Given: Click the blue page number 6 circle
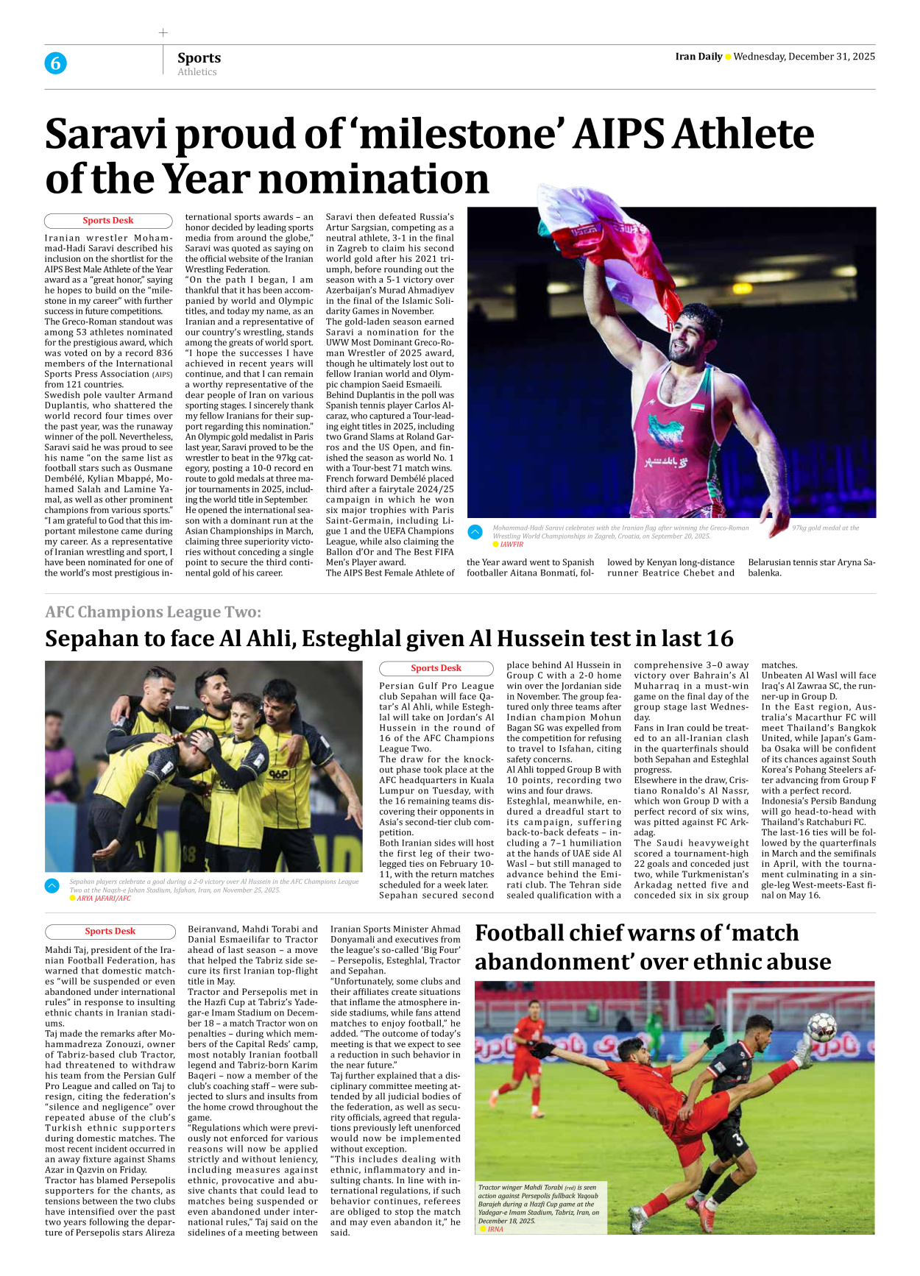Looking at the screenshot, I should coord(55,63).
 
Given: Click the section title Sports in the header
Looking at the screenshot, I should coord(199,57).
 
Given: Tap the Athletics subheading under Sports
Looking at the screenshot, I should coord(197,72).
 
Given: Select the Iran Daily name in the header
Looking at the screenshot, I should coord(698,57).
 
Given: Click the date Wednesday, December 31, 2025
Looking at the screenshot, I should coord(804,57).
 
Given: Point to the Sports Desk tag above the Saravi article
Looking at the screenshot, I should coord(108,220).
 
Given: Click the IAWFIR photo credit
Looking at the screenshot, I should coord(512,545).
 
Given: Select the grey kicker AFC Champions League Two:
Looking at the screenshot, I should coord(153,612).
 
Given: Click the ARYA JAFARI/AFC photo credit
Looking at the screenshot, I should coord(104,898).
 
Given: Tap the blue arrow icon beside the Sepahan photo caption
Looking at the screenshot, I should coord(52,885).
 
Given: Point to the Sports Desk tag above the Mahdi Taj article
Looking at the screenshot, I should coord(110,931).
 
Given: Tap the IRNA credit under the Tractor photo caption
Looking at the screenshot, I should coord(495,1229).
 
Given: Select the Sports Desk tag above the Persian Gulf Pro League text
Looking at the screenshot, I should coord(436,668).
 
